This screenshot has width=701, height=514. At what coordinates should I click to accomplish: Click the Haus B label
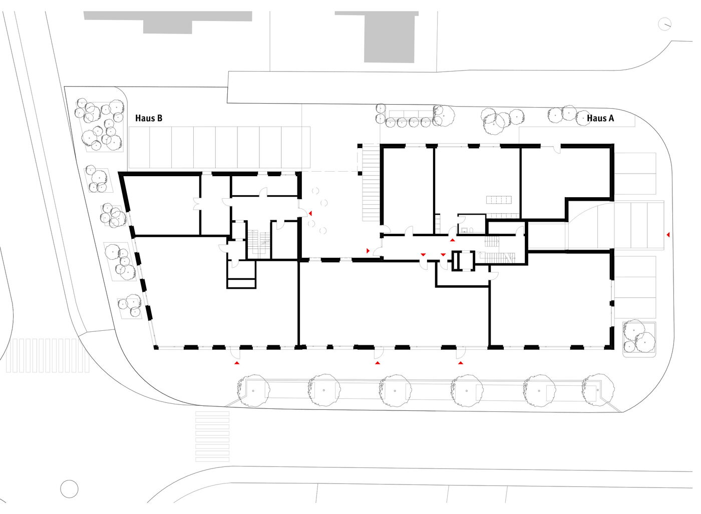[x=149, y=118]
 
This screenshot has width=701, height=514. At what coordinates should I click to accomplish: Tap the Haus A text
[x=600, y=118]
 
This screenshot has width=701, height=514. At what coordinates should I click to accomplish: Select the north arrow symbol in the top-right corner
[x=664, y=24]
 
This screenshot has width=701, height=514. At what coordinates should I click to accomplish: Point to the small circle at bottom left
[x=69, y=488]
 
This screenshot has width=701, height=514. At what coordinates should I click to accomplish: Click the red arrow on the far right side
[x=668, y=235]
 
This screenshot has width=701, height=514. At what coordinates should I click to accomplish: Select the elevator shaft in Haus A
[x=464, y=261]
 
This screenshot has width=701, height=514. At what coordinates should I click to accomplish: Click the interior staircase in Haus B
[x=258, y=245]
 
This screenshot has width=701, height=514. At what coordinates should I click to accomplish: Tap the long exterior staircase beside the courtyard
[x=371, y=183]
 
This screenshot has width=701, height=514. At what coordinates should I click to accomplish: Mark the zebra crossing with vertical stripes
[x=48, y=355]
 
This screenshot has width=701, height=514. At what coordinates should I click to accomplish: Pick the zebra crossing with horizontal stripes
[x=212, y=436]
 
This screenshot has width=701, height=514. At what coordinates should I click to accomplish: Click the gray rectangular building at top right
[x=382, y=37]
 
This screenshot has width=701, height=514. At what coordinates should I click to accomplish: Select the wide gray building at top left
[x=168, y=22]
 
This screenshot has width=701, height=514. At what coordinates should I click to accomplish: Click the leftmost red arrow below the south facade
[x=237, y=363]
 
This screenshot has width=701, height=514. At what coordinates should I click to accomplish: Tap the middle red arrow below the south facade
[x=378, y=363]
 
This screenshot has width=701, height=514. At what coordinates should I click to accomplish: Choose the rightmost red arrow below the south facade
[x=461, y=363]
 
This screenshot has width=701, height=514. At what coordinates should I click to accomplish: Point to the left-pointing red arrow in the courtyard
[x=310, y=213]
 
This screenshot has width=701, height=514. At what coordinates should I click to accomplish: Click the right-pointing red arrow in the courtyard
[x=369, y=251]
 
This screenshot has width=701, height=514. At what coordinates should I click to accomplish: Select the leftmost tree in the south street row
[x=253, y=391]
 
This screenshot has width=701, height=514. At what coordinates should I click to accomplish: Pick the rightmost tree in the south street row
[x=598, y=390]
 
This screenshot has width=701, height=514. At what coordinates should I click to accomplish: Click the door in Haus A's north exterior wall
[x=556, y=149]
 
